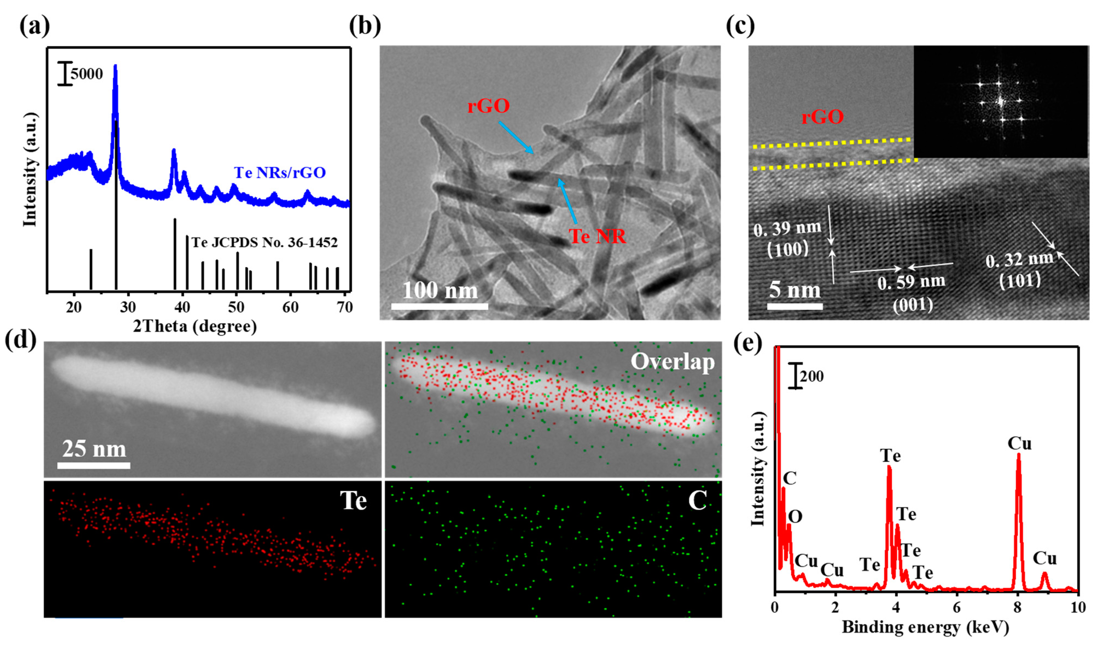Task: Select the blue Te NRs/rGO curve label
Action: coord(280,173)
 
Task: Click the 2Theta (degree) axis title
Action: coord(195,326)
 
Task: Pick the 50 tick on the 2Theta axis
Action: coord(236,307)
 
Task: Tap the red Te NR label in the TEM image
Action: coord(597,236)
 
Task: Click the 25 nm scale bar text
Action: coord(94,449)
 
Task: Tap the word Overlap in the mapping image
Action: coord(672,362)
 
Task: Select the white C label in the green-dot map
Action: coord(697,500)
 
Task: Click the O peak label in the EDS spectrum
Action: coord(795,517)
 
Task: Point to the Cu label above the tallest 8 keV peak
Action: coord(1019,443)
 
